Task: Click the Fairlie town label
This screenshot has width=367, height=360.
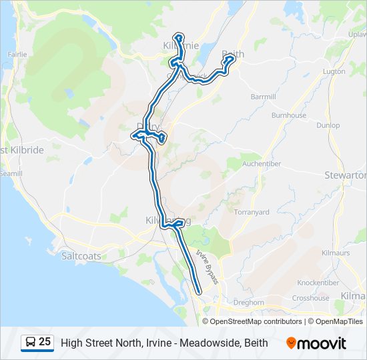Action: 16,54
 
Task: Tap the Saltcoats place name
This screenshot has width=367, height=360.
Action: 80,255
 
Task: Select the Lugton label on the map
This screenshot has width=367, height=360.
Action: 333,71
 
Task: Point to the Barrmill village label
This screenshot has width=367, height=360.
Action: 263,97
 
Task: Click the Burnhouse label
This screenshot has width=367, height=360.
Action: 288,115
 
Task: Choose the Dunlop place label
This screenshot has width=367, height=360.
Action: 328,125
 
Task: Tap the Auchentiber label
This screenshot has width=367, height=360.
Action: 261,163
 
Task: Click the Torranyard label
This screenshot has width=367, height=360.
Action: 252,212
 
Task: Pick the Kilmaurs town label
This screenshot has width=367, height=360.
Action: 335,254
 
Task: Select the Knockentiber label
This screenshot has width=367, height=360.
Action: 318,283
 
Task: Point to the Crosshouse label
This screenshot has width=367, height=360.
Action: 310,298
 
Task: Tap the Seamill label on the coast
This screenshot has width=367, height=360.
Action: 11,173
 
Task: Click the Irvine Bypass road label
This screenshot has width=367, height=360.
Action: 208,267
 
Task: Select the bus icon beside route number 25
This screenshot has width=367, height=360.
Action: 31,343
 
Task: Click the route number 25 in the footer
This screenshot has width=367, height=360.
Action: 45,342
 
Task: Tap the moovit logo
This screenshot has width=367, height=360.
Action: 316,343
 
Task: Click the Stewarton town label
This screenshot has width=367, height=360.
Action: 345,175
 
